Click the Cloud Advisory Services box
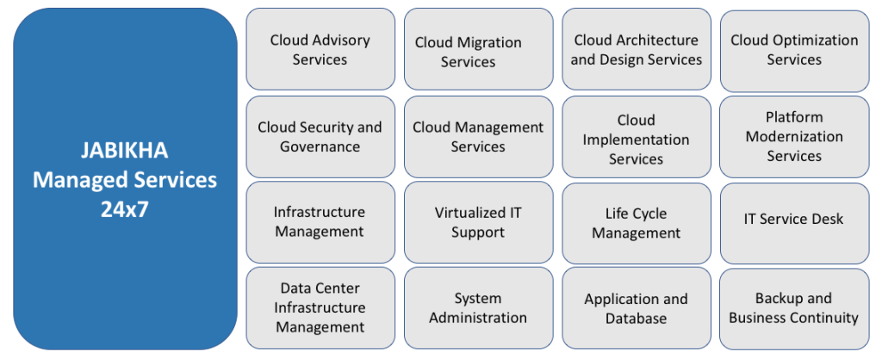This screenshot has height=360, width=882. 320,50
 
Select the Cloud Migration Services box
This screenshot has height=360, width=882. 478,50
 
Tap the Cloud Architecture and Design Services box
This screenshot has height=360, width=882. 637,50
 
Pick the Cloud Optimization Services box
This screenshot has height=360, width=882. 794,50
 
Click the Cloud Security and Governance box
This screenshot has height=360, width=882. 320,136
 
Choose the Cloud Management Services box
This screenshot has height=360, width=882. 478,136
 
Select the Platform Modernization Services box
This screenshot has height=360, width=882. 794,136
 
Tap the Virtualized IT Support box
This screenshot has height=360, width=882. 478,222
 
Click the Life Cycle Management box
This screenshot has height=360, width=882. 637,222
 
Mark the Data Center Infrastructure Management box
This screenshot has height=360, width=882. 320,307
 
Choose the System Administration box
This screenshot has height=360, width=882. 478,307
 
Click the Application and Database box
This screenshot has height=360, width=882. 637,307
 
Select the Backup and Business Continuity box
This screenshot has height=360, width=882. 794,307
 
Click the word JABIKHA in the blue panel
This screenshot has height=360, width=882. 125,152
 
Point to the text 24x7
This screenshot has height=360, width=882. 125,208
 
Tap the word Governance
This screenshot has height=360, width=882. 320,146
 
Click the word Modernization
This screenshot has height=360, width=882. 794,136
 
